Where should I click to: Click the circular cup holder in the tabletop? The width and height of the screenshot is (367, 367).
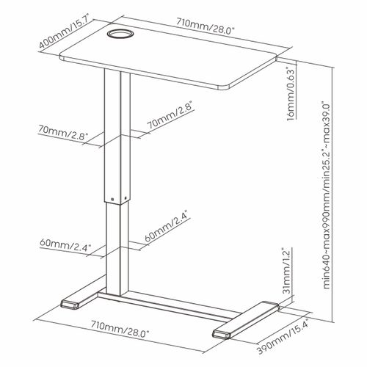tap(120, 34)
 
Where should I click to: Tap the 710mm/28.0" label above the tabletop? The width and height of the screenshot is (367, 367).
tap(206, 26)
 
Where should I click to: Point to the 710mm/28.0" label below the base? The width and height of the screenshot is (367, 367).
tap(120, 329)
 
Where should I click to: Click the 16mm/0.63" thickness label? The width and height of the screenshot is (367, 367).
tap(291, 94)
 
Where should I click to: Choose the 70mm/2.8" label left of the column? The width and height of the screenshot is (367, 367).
tap(62, 133)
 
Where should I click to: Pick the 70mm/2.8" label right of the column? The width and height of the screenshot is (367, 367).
tap(171, 115)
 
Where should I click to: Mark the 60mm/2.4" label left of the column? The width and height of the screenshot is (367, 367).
tap(65, 244)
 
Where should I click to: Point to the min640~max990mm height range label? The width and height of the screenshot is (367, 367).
tap(327, 196)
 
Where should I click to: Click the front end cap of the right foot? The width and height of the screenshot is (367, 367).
tap(222, 334)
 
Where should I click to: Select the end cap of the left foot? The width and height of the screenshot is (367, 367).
tap(70, 305)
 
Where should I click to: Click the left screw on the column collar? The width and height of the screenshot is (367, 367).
tap(112, 199)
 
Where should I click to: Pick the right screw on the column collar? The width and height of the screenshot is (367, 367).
tap(126, 197)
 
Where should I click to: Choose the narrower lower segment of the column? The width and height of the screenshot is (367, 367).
tap(117, 248)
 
